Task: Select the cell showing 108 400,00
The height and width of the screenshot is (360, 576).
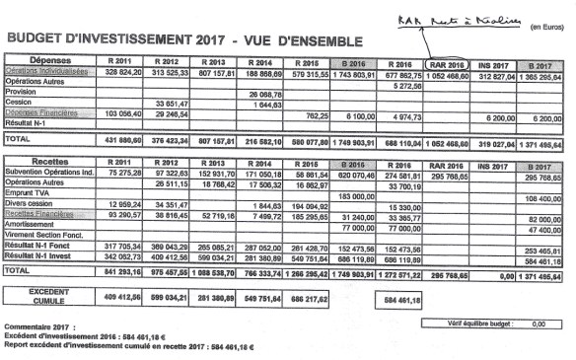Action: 543,199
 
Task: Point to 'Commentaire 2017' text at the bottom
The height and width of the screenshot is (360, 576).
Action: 38,325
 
